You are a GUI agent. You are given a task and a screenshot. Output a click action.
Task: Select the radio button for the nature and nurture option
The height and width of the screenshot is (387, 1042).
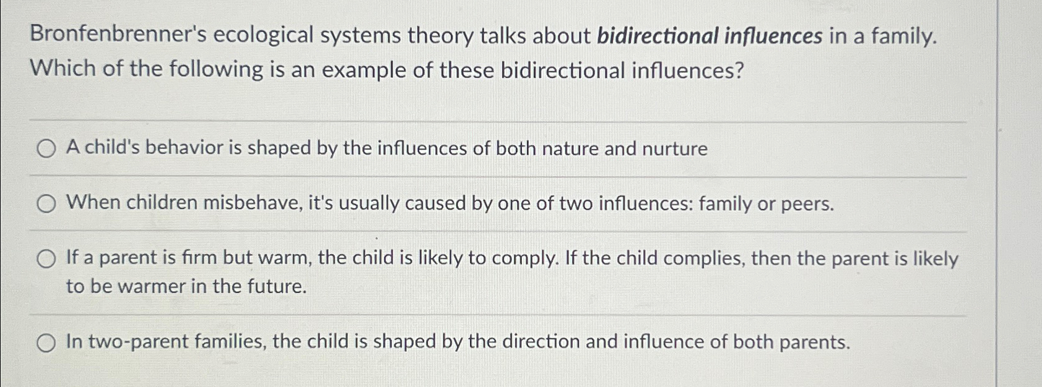pyautogui.click(x=45, y=149)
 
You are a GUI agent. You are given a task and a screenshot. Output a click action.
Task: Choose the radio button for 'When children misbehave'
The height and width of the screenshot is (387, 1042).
pyautogui.click(x=45, y=203)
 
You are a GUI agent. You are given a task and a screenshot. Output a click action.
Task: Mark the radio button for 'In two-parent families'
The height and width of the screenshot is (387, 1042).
pyautogui.click(x=45, y=342)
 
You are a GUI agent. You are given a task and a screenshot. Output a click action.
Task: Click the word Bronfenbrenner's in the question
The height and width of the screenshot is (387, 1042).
pyautogui.click(x=118, y=36)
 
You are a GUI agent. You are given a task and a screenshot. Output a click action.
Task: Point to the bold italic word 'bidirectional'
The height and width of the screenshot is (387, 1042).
pyautogui.click(x=657, y=36)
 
